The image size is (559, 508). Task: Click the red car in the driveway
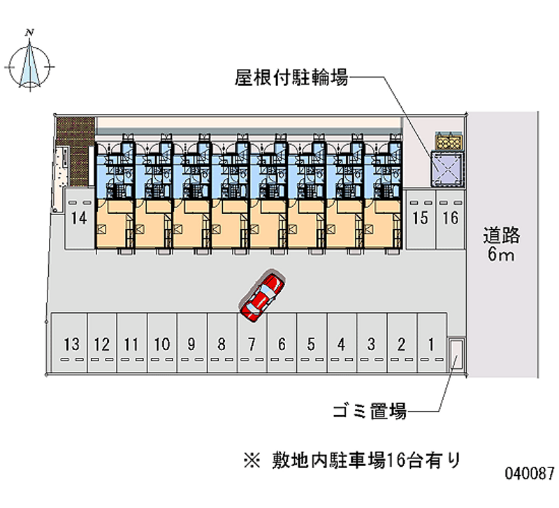pos(263,296)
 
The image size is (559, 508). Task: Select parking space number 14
pos(79,219)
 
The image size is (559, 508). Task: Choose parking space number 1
pos(432,343)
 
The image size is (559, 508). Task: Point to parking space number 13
pos(71,343)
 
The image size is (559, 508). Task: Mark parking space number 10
pos(162,343)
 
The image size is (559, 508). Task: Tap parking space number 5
pos(312,343)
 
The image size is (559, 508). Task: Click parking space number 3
pos(372,343)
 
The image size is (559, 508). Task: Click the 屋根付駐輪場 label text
pos(291,78)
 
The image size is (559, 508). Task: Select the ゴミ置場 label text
pos(370,411)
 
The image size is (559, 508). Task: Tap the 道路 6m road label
pos(501,245)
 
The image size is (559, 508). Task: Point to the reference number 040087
pos(530,473)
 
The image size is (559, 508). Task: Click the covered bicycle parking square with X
pos(447,169)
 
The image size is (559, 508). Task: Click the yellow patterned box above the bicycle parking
pos(449,142)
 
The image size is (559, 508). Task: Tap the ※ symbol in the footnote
pos(252,460)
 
